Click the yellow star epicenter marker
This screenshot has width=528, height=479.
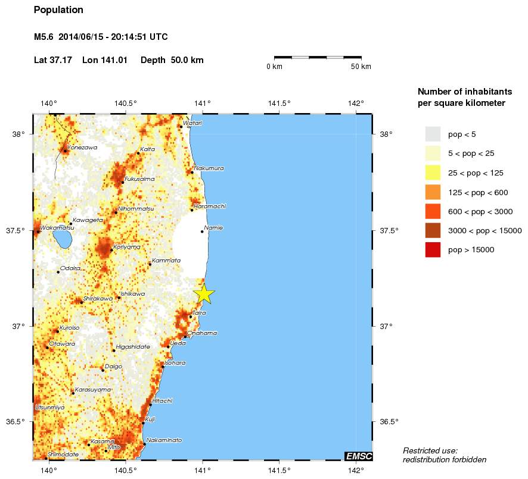(204, 293)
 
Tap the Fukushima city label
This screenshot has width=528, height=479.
(139, 179)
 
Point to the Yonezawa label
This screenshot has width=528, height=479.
(82, 147)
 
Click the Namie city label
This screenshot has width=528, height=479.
(213, 228)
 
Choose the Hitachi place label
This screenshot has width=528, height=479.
(162, 400)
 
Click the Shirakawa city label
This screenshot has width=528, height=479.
(98, 299)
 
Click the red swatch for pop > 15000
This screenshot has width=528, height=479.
(433, 251)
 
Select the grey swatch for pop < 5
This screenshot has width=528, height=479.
(433, 134)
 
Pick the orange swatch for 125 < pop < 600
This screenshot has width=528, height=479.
(433, 192)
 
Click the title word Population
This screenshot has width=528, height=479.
(58, 10)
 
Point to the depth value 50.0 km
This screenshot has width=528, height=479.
(187, 60)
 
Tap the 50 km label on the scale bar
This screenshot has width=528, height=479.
(361, 67)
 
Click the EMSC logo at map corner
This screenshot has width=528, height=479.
(358, 456)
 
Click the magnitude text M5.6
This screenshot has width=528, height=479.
(45, 37)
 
